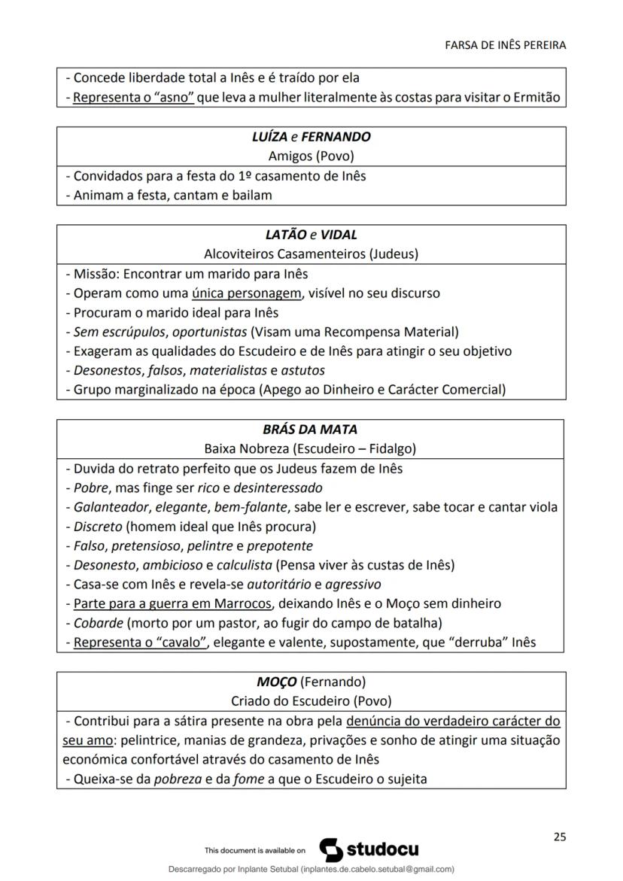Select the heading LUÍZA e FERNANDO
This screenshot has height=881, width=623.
point(311,137)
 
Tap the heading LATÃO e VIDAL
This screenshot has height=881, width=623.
point(311,235)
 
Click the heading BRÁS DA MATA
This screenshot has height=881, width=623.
point(311,430)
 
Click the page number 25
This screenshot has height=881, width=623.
point(558,836)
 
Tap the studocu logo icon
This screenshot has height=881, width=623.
point(332,849)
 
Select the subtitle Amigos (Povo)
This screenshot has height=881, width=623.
point(311,156)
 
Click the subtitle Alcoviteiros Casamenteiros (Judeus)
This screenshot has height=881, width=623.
point(311,254)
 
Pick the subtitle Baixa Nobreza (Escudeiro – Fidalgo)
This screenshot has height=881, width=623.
point(311,449)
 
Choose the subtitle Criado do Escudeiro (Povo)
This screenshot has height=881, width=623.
point(311,701)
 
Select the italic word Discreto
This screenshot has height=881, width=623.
point(98,526)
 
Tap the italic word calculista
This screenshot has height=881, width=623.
point(245,565)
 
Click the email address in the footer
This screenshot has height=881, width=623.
point(377,869)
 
